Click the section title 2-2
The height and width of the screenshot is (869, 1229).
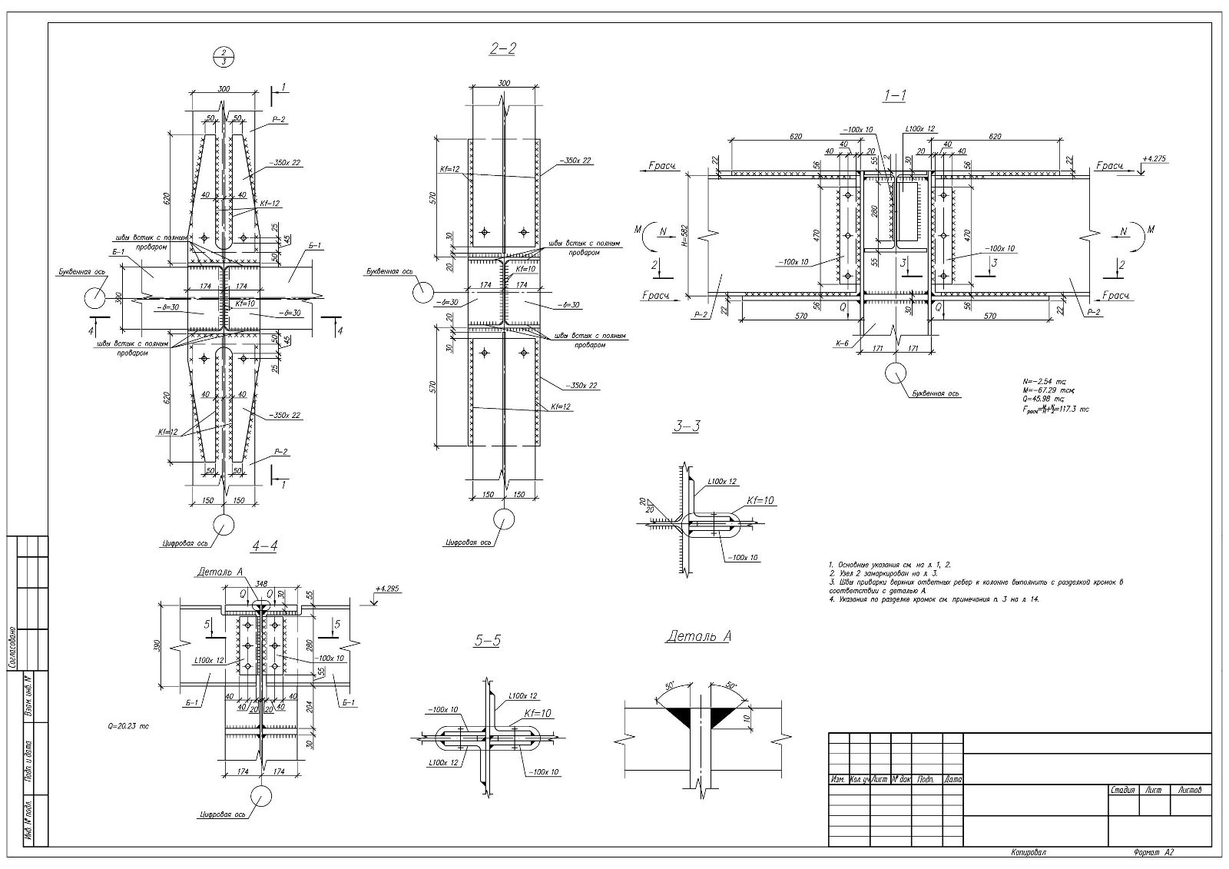coord(502,49)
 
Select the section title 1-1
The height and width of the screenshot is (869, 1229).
coord(895,95)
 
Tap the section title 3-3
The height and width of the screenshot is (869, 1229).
coord(686,427)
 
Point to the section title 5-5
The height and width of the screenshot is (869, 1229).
coord(487,639)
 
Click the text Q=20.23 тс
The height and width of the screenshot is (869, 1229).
coord(128,725)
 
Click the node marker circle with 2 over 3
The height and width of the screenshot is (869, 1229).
coord(223,56)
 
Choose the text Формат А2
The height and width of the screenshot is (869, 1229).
coord(1154,852)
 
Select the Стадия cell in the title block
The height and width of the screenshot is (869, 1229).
coord(1124,789)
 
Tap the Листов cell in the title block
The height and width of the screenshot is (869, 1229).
coord(1190,789)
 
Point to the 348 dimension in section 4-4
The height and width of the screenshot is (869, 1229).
coord(261,585)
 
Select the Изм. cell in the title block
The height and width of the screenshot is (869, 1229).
coord(838,779)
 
